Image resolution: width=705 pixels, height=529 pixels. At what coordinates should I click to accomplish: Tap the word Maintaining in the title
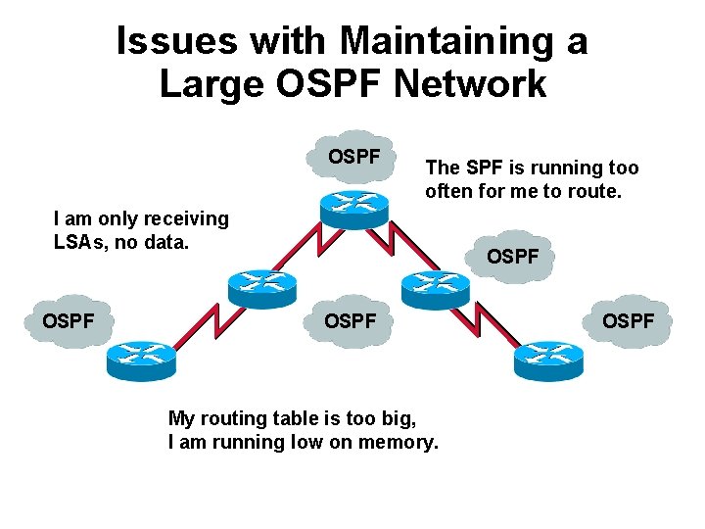click(455, 41)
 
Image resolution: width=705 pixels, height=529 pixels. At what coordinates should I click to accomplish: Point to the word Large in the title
click(205, 84)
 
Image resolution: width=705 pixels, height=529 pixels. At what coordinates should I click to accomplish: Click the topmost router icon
click(352, 207)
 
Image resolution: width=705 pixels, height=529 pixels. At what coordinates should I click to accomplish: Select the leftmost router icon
click(139, 360)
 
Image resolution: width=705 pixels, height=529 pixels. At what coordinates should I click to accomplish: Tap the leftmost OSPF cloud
click(69, 320)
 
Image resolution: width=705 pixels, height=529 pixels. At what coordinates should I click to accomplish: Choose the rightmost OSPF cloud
click(629, 320)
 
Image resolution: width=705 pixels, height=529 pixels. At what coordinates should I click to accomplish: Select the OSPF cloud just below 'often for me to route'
click(513, 257)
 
